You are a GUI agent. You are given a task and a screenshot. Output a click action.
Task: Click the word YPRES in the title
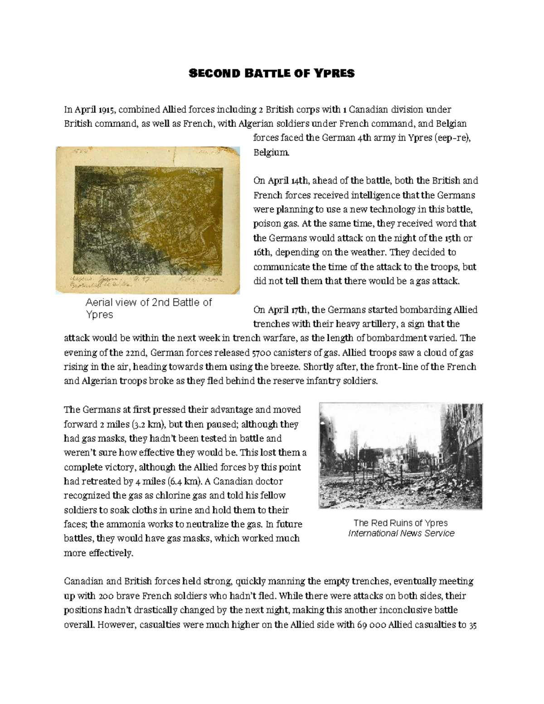click(335, 73)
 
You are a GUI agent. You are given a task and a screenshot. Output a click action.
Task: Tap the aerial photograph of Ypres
click(148, 220)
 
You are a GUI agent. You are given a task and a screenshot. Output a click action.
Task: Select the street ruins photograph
click(401, 456)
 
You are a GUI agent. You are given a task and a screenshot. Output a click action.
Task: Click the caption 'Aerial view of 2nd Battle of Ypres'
click(149, 308)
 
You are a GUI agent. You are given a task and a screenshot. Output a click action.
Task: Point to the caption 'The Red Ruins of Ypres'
click(401, 523)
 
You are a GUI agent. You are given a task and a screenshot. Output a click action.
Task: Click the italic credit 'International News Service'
click(401, 533)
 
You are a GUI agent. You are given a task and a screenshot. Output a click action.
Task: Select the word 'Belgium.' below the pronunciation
click(271, 152)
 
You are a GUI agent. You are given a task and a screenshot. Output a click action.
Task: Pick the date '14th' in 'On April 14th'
click(300, 181)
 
